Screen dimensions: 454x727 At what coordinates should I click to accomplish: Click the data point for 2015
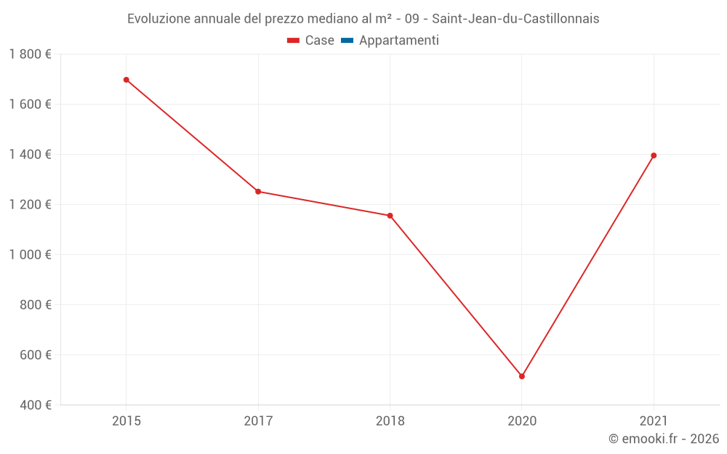(126, 80)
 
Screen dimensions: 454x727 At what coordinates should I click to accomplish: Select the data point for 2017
(258, 192)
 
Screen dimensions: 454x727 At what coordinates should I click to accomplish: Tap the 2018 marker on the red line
(390, 216)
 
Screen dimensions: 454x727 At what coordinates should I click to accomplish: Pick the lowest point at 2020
(522, 376)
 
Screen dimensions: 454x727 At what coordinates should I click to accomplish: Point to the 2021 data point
(654, 155)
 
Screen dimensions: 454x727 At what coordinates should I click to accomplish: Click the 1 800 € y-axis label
(31, 54)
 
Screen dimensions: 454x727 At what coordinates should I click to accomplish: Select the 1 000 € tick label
(31, 255)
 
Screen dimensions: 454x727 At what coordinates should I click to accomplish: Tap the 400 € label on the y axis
(36, 405)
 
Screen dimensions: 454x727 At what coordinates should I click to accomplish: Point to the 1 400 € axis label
(31, 155)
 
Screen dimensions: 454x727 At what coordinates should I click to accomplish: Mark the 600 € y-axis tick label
(36, 355)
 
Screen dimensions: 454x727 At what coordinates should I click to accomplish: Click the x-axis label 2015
(126, 421)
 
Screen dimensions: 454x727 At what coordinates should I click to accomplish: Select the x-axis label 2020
(522, 421)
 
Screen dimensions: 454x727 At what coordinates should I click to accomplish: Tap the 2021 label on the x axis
(654, 421)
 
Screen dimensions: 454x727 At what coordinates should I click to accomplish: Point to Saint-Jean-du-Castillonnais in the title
(515, 19)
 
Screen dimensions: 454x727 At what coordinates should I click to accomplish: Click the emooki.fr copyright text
(664, 439)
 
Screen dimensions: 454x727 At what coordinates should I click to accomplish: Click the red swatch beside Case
(294, 41)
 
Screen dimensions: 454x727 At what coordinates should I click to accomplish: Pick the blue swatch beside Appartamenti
(347, 41)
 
